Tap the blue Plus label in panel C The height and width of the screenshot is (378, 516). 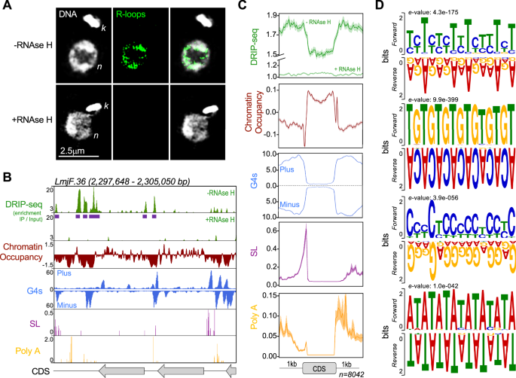289,170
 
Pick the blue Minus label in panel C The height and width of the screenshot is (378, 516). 289,203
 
